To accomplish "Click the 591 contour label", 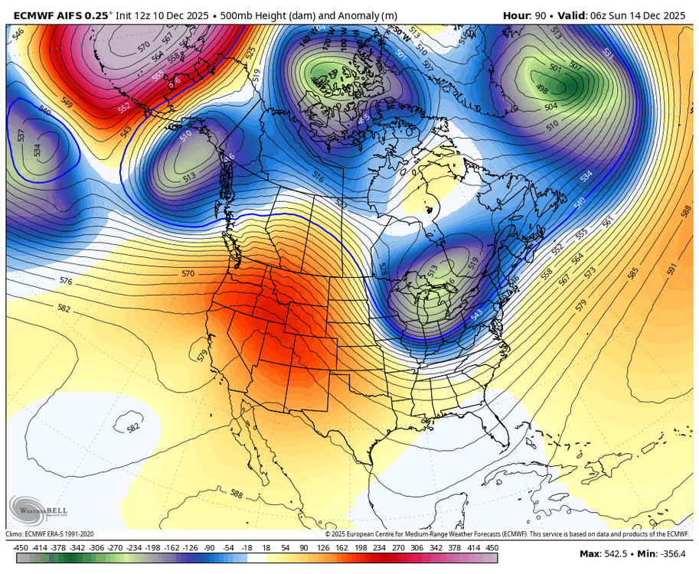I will point(672,269).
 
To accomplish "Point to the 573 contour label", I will point(590,273).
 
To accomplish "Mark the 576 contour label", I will point(66,281).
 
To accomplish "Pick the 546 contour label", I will point(18,32).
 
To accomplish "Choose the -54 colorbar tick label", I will point(229,548).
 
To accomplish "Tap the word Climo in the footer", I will point(15,534).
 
